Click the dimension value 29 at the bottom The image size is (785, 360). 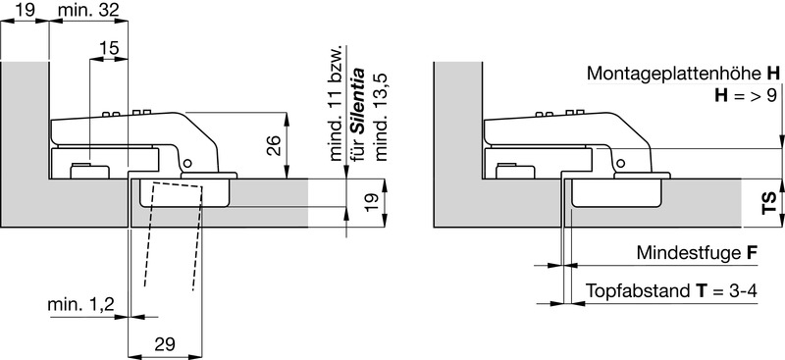click(165, 344)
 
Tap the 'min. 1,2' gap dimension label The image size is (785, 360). click(81, 304)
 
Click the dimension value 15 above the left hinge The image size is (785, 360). click(109, 49)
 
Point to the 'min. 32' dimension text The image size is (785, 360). click(88, 10)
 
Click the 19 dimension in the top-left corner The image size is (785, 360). click(26, 10)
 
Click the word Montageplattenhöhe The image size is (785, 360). click(674, 75)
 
